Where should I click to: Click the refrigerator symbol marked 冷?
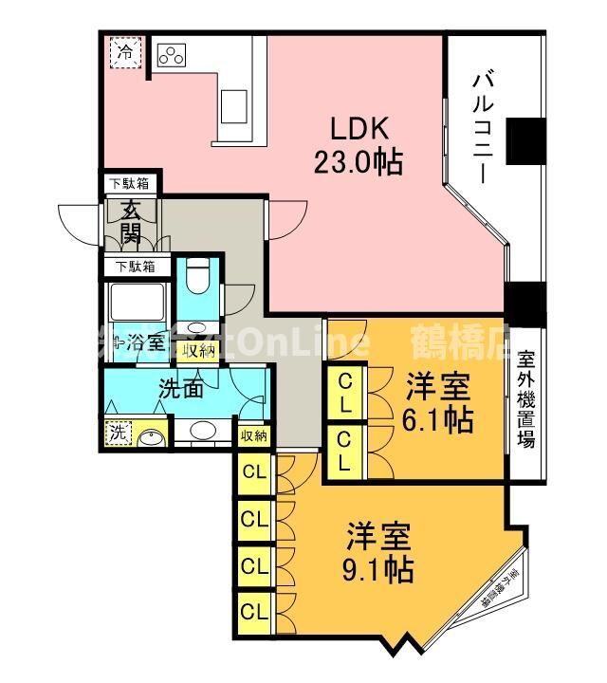(124, 53)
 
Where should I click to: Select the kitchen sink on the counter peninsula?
(233, 105)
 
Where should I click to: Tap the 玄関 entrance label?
(131, 224)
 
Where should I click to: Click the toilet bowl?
(199, 278)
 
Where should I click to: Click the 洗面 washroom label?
(180, 388)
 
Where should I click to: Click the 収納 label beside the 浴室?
(199, 350)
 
